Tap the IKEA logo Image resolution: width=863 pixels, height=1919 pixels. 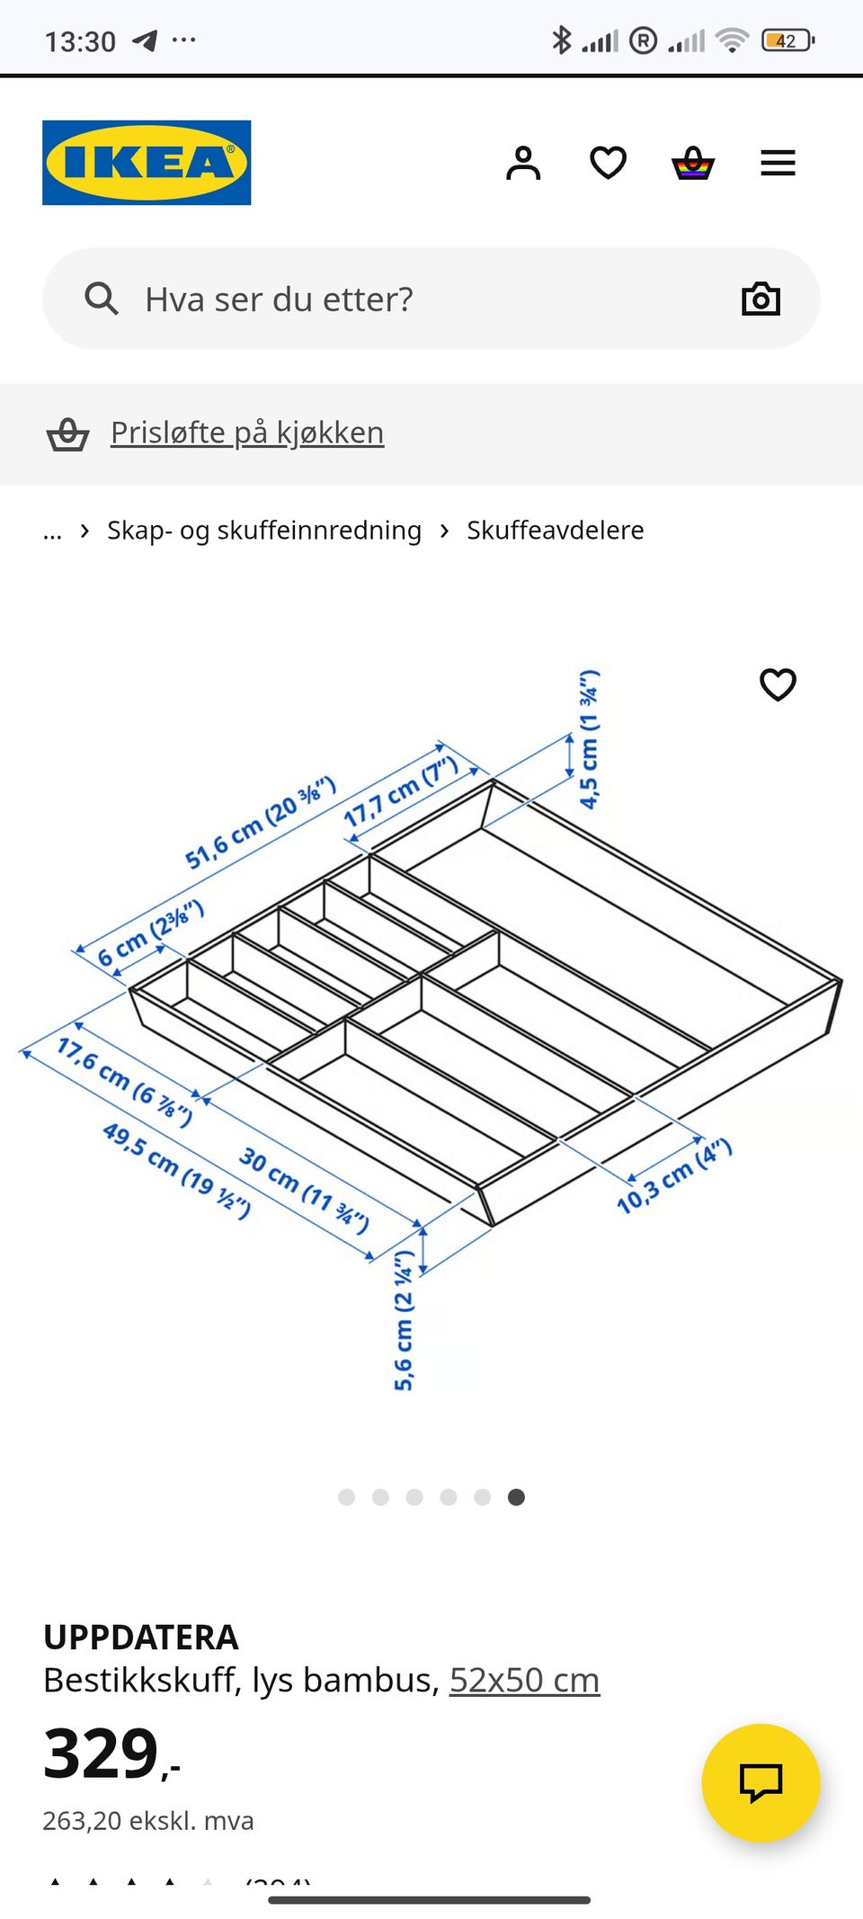[147, 163]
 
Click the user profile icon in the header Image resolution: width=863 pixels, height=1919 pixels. [523, 163]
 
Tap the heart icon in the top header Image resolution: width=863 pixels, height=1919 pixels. [608, 163]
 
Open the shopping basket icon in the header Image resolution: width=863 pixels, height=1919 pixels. [693, 164]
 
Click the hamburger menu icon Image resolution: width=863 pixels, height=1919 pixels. [778, 163]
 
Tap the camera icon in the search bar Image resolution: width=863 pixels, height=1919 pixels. [761, 299]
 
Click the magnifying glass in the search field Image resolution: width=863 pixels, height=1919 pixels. [102, 299]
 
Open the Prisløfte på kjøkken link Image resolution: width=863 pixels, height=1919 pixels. [247, 433]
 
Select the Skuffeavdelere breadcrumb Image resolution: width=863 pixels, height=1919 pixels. [555, 531]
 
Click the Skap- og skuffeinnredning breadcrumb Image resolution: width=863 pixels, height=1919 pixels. [264, 531]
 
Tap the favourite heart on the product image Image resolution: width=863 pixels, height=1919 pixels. [778, 684]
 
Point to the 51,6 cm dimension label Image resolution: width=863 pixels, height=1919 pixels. [260, 824]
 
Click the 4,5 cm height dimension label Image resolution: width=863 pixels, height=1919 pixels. [589, 739]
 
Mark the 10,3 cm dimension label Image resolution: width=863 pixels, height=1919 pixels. [674, 1176]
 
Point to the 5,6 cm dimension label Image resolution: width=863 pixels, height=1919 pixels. [404, 1320]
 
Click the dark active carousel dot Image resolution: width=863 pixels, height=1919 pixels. [516, 1496]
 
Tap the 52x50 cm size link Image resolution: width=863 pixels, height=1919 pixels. [524, 1680]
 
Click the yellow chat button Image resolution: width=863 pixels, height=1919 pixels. [761, 1782]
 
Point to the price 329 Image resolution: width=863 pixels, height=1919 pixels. [102, 1754]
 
